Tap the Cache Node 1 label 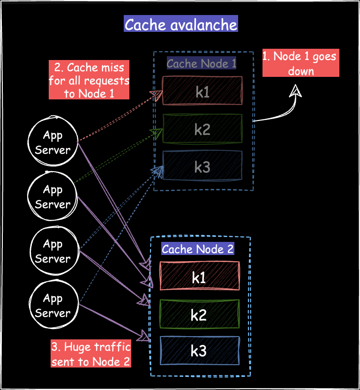202,63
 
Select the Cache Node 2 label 197,249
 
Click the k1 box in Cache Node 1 202,91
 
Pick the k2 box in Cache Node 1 202,129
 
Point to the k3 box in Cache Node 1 202,166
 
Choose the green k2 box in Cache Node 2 199,315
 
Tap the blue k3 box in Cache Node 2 199,351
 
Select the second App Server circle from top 52,197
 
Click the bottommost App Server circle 52,306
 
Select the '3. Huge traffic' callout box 91,355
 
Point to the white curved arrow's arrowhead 295,90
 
